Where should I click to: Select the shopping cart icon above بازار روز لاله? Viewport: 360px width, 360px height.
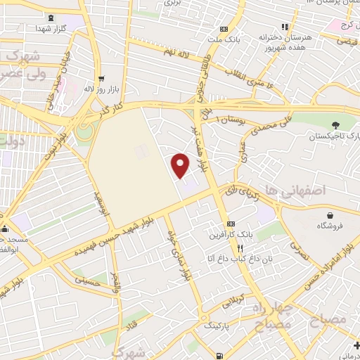click(x=102, y=79)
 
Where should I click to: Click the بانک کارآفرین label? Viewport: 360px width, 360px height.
click(x=226, y=233)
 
